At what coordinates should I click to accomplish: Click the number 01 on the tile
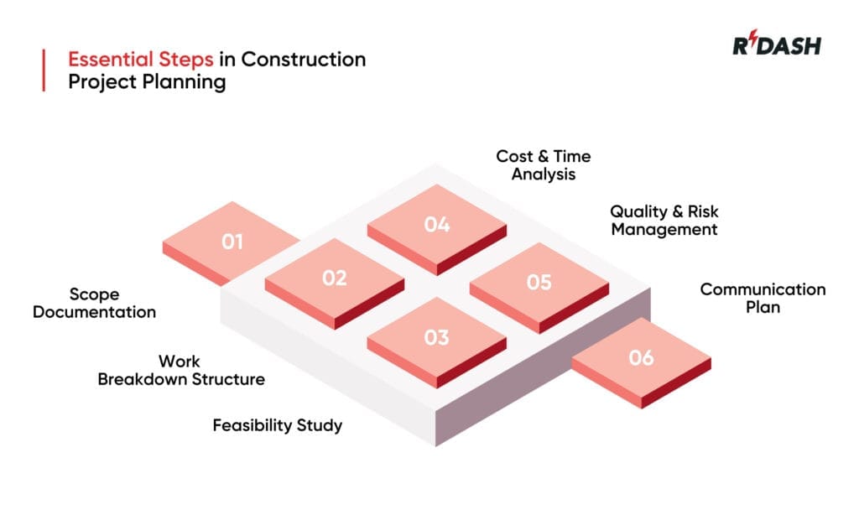pyautogui.click(x=232, y=242)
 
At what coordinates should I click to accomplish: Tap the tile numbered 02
pyautogui.click(x=335, y=278)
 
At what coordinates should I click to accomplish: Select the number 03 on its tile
pyautogui.click(x=436, y=337)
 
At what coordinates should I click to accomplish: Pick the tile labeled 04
pyautogui.click(x=436, y=225)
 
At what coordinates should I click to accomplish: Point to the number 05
pyautogui.click(x=539, y=283)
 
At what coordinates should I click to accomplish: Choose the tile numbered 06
pyautogui.click(x=641, y=358)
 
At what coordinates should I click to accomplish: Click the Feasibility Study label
pyautogui.click(x=277, y=425)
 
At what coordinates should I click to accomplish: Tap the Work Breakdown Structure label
pyautogui.click(x=181, y=370)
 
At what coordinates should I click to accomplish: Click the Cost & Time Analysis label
pyautogui.click(x=544, y=165)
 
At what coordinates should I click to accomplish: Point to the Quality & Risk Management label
pyautogui.click(x=664, y=220)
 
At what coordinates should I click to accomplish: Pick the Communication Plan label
pyautogui.click(x=763, y=298)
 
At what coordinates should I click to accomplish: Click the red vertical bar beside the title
pyautogui.click(x=43, y=70)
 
